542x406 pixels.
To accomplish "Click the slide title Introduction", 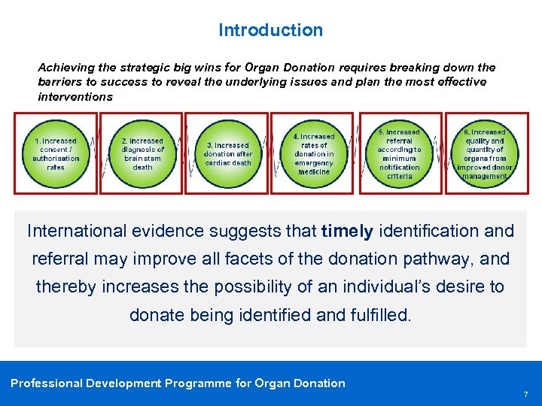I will (x=270, y=30).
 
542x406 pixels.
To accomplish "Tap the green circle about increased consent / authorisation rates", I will (x=56, y=153).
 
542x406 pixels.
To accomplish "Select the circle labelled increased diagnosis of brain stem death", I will (x=142, y=153).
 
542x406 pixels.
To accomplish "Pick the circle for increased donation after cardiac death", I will (x=228, y=153).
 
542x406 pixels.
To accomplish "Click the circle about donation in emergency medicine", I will (x=313, y=153).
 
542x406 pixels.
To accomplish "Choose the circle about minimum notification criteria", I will (x=399, y=153).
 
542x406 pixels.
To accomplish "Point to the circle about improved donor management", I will (x=486, y=153).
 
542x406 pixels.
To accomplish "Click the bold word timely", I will (x=346, y=231).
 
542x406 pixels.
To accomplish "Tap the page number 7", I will (x=526, y=394).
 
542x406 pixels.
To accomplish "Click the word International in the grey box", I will (x=74, y=231).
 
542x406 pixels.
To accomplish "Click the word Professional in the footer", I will (x=47, y=383).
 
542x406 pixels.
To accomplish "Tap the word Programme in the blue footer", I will (x=198, y=383).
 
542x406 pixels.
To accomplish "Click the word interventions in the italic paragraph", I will (x=75, y=96).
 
